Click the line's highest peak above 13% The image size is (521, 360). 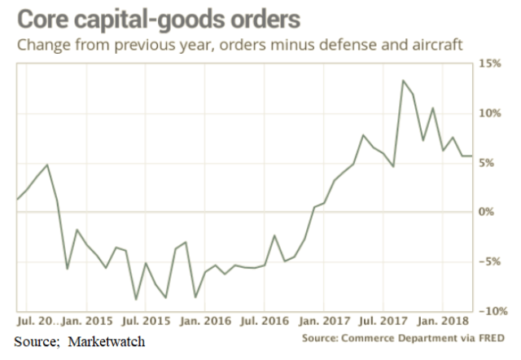coord(402,81)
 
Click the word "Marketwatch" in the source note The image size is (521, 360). coord(106,340)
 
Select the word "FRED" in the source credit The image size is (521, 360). coord(489,337)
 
